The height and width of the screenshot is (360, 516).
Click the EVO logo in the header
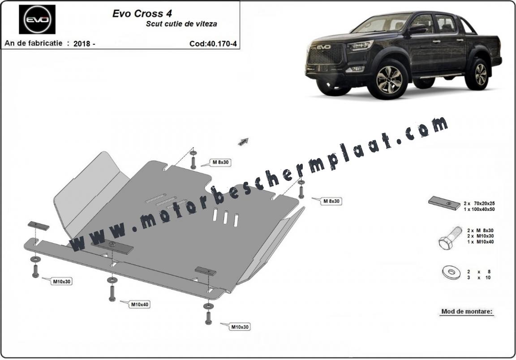[x=37, y=20]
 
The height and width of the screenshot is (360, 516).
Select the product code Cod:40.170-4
[x=213, y=44]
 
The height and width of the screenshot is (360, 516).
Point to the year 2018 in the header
[x=84, y=44]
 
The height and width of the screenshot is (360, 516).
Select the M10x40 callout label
[x=139, y=304]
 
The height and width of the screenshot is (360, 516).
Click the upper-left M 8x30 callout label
[x=220, y=163]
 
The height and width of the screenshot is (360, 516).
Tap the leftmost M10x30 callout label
[x=62, y=281]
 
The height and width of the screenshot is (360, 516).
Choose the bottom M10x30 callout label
[x=239, y=327]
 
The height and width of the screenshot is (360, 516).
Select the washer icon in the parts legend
[x=448, y=271]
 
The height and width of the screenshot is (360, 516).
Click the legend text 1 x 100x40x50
[x=480, y=209]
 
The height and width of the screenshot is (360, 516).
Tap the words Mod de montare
[x=467, y=311]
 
